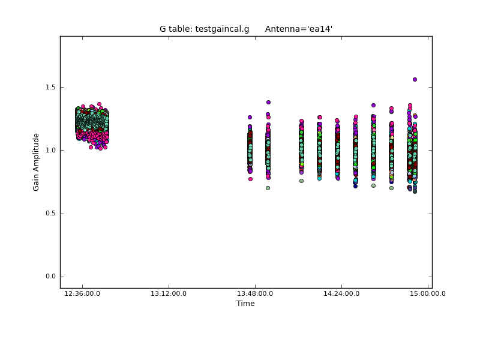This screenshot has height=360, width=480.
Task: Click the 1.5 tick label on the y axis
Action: coord(50,87)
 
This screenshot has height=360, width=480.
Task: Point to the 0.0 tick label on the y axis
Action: coord(50,277)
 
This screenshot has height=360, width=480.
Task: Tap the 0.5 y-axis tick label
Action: coord(50,214)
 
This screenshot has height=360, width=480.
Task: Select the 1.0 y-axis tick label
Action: coord(50,151)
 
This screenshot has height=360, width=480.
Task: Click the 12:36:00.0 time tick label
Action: coord(82,293)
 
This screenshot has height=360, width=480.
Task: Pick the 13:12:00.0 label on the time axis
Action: coord(169,293)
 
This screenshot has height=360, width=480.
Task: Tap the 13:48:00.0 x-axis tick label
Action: coord(255,293)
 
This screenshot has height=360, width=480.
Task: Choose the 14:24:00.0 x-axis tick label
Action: coord(341,293)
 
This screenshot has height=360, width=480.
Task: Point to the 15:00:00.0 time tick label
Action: coord(428,293)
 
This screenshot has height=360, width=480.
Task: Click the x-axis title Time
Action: coord(245,304)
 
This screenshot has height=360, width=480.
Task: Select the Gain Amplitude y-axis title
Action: coord(36,162)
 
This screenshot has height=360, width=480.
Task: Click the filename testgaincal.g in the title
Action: coord(222,29)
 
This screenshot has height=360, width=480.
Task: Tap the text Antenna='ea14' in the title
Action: coord(299,29)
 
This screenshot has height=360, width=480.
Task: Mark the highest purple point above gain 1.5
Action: coord(415,80)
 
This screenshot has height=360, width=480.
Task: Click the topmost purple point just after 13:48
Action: coord(268,102)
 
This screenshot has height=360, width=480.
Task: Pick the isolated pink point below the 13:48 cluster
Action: coord(250,179)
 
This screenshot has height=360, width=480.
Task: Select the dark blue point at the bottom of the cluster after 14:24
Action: coord(355,186)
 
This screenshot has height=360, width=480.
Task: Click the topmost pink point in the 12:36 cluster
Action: coord(99,104)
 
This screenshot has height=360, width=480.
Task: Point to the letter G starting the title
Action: coord(163,29)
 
